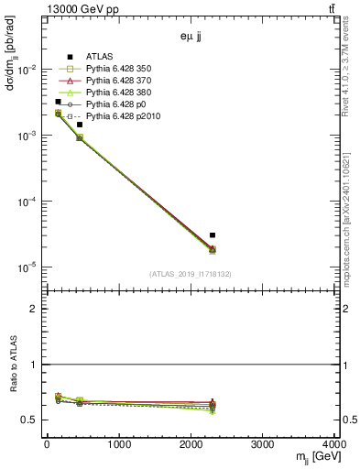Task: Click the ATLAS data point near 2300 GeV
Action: point(212,235)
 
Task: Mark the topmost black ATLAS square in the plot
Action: point(58,102)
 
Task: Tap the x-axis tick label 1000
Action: point(118,446)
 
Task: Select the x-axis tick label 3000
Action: point(263,446)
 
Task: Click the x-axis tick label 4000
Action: point(333,446)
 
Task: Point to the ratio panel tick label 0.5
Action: point(33,420)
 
